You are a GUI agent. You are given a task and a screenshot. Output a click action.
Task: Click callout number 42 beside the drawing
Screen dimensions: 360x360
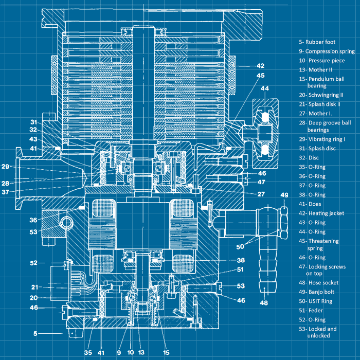260,66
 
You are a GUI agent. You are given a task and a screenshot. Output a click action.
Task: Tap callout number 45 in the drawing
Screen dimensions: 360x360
260,76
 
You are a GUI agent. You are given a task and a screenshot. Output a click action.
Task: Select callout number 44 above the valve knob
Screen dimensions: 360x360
265,89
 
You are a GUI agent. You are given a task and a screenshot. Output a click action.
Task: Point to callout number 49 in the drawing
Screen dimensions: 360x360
284,195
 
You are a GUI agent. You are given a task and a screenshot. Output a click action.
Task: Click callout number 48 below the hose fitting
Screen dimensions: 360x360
264,303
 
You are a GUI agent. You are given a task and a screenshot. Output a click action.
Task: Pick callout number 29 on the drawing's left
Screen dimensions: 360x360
6,167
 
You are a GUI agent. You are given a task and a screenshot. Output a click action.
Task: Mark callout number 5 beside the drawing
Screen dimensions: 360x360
35,333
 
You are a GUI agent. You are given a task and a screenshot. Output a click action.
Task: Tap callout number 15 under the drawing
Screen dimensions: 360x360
166,352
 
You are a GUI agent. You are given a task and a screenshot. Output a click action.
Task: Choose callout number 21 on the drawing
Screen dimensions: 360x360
34,287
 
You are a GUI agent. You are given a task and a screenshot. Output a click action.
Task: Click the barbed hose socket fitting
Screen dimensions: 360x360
264,262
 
